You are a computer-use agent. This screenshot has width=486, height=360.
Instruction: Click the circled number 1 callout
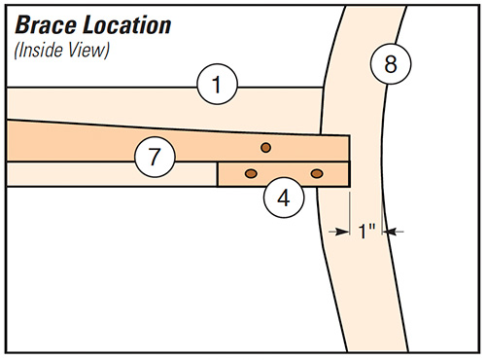coord(218,86)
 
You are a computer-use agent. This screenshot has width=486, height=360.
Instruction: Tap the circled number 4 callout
coord(283,198)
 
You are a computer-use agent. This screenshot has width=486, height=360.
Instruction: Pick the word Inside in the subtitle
coord(40,49)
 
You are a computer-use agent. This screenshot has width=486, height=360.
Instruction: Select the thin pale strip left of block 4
coord(112,174)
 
